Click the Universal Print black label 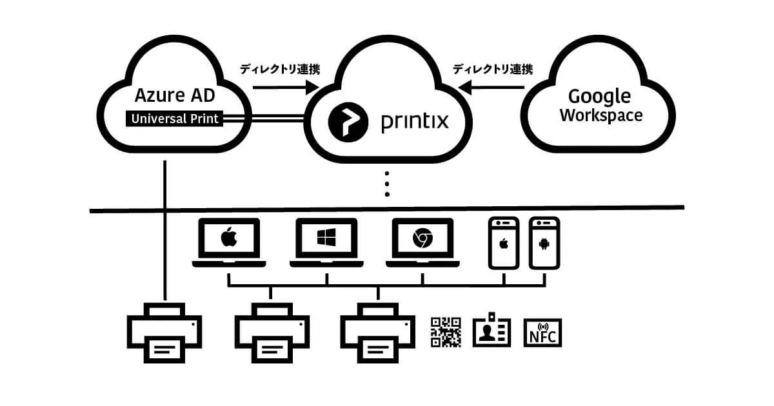[174, 119]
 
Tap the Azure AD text [175, 97]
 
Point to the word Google [599, 97]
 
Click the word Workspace [601, 116]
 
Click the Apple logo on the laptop [229, 238]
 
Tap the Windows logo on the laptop [326, 238]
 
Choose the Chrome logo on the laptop [422, 239]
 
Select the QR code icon [446, 332]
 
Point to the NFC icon [542, 333]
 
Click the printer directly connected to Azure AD [164, 333]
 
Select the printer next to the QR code [377, 333]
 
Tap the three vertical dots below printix [387, 183]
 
